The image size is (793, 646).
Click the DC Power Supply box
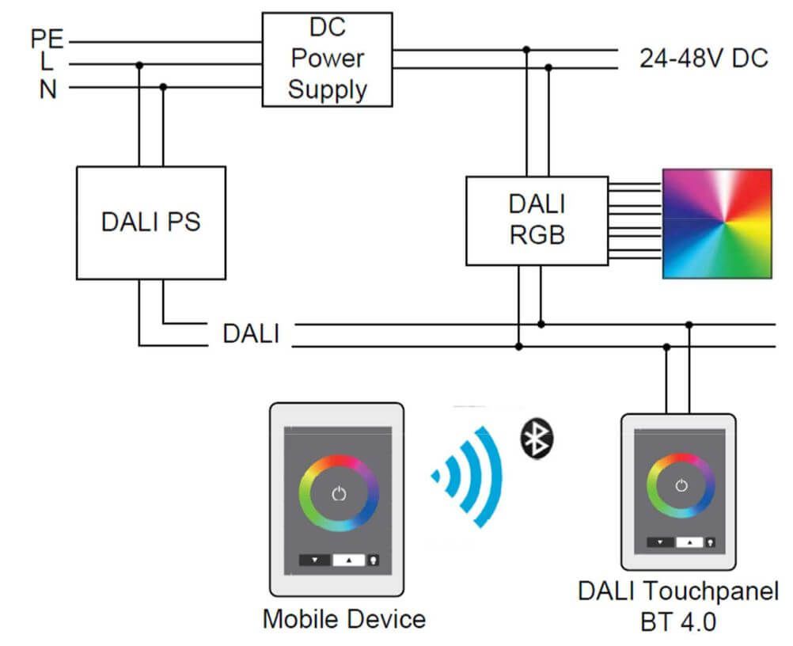click(327, 59)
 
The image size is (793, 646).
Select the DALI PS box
click(150, 222)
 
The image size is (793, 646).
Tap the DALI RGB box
click(536, 220)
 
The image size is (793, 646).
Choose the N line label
click(48, 89)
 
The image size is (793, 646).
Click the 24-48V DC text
click(704, 59)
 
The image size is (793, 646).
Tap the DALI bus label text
click(251, 333)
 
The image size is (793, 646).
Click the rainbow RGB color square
click(716, 223)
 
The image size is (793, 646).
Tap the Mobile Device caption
click(343, 617)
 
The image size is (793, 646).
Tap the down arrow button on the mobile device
click(316, 559)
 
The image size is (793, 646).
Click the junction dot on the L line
click(139, 65)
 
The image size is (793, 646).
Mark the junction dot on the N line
click(163, 87)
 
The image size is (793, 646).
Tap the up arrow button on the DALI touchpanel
click(690, 542)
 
